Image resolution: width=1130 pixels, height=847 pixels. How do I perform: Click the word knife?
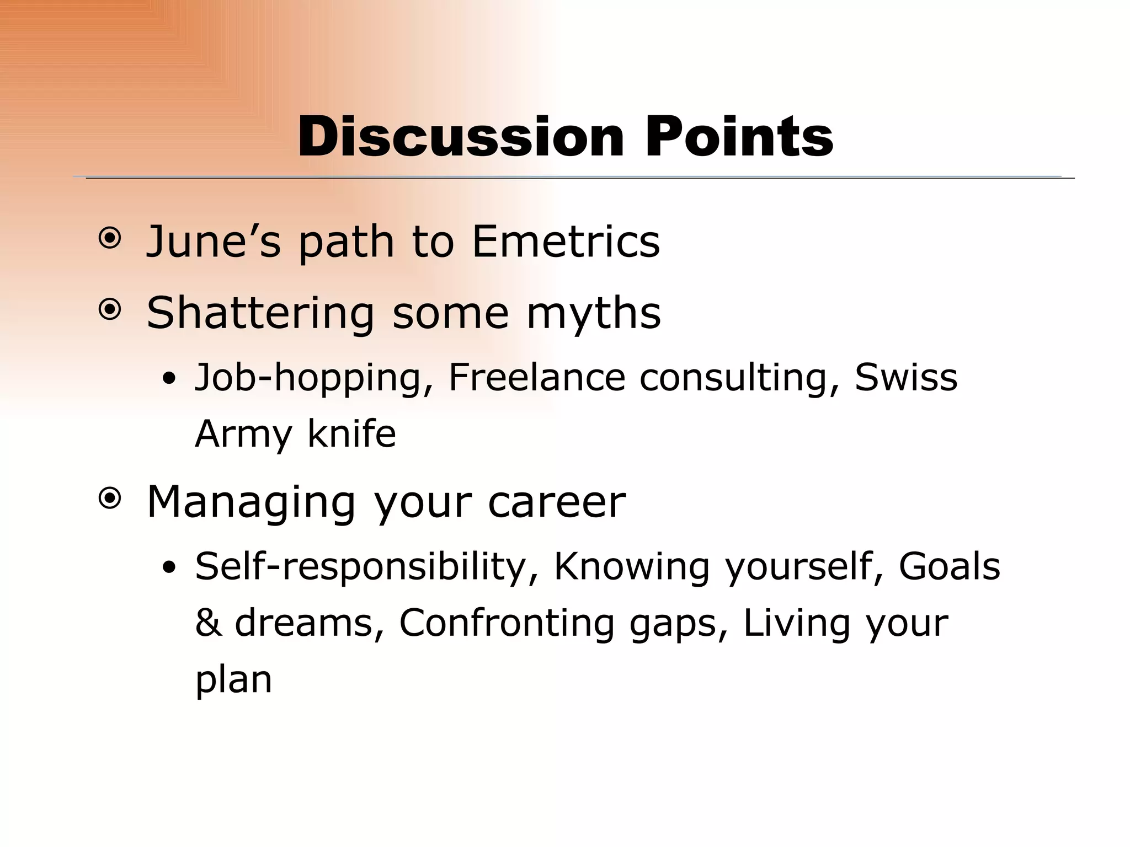[x=351, y=434]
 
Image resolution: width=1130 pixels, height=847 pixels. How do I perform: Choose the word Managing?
[x=251, y=503]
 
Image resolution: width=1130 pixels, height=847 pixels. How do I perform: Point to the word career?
[x=557, y=503]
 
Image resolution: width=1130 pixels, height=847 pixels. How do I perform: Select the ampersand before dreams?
[x=208, y=623]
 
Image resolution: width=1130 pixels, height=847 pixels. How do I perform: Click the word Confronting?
[x=507, y=623]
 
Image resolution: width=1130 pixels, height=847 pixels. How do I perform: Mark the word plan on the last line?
[x=233, y=680]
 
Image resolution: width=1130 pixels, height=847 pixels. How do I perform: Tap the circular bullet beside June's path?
[x=109, y=239]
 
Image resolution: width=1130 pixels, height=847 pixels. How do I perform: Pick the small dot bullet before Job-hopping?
[x=170, y=379]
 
